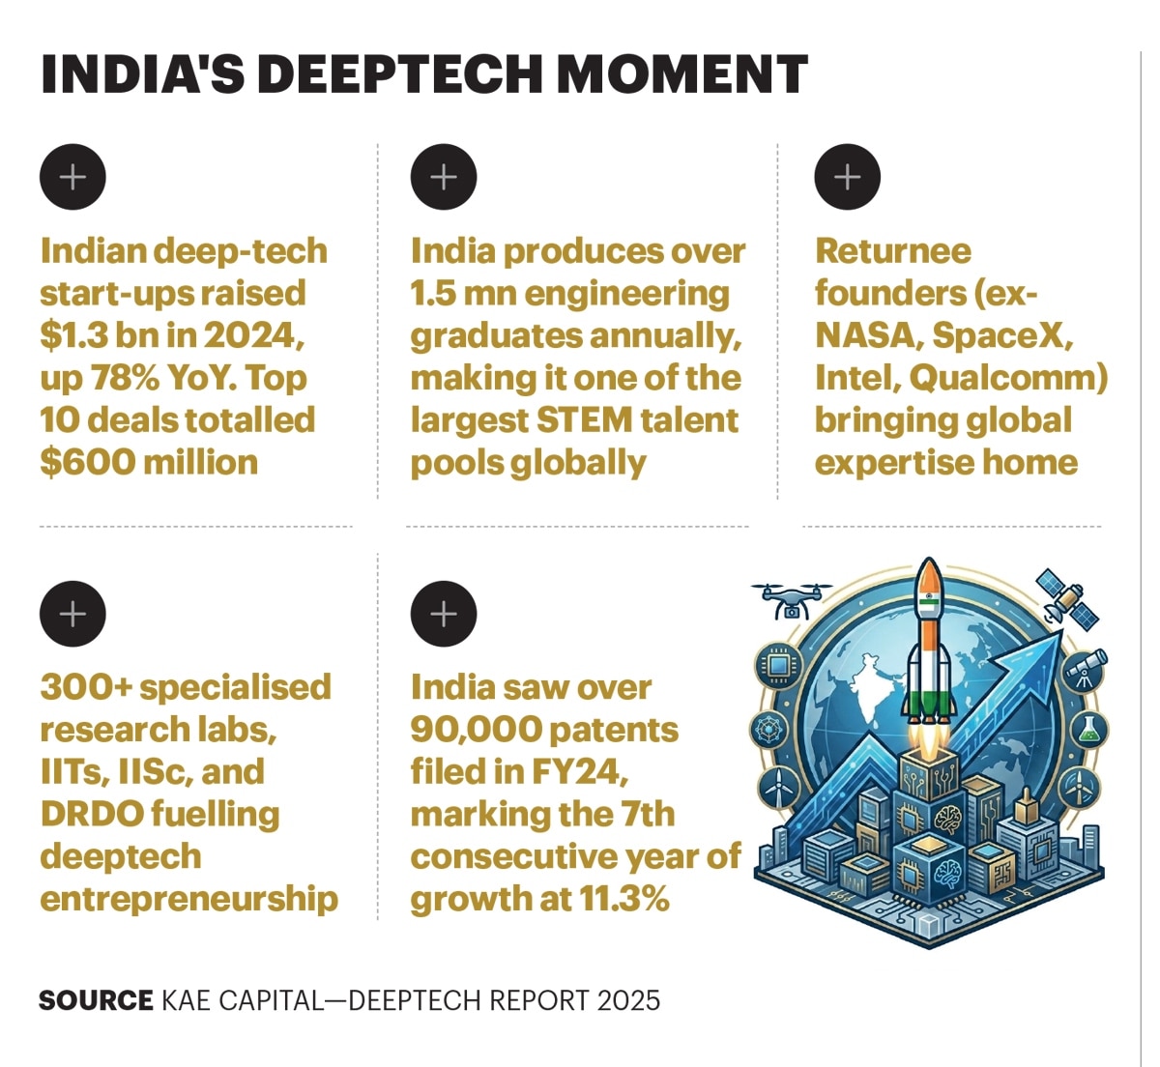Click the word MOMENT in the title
click(x=681, y=74)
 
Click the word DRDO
click(x=92, y=815)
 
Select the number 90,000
click(x=476, y=730)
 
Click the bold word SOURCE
click(x=96, y=1000)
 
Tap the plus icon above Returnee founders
click(x=847, y=177)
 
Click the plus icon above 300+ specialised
click(x=72, y=614)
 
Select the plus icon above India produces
click(x=444, y=177)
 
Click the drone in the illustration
click(x=791, y=600)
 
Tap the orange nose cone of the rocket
click(x=929, y=577)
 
